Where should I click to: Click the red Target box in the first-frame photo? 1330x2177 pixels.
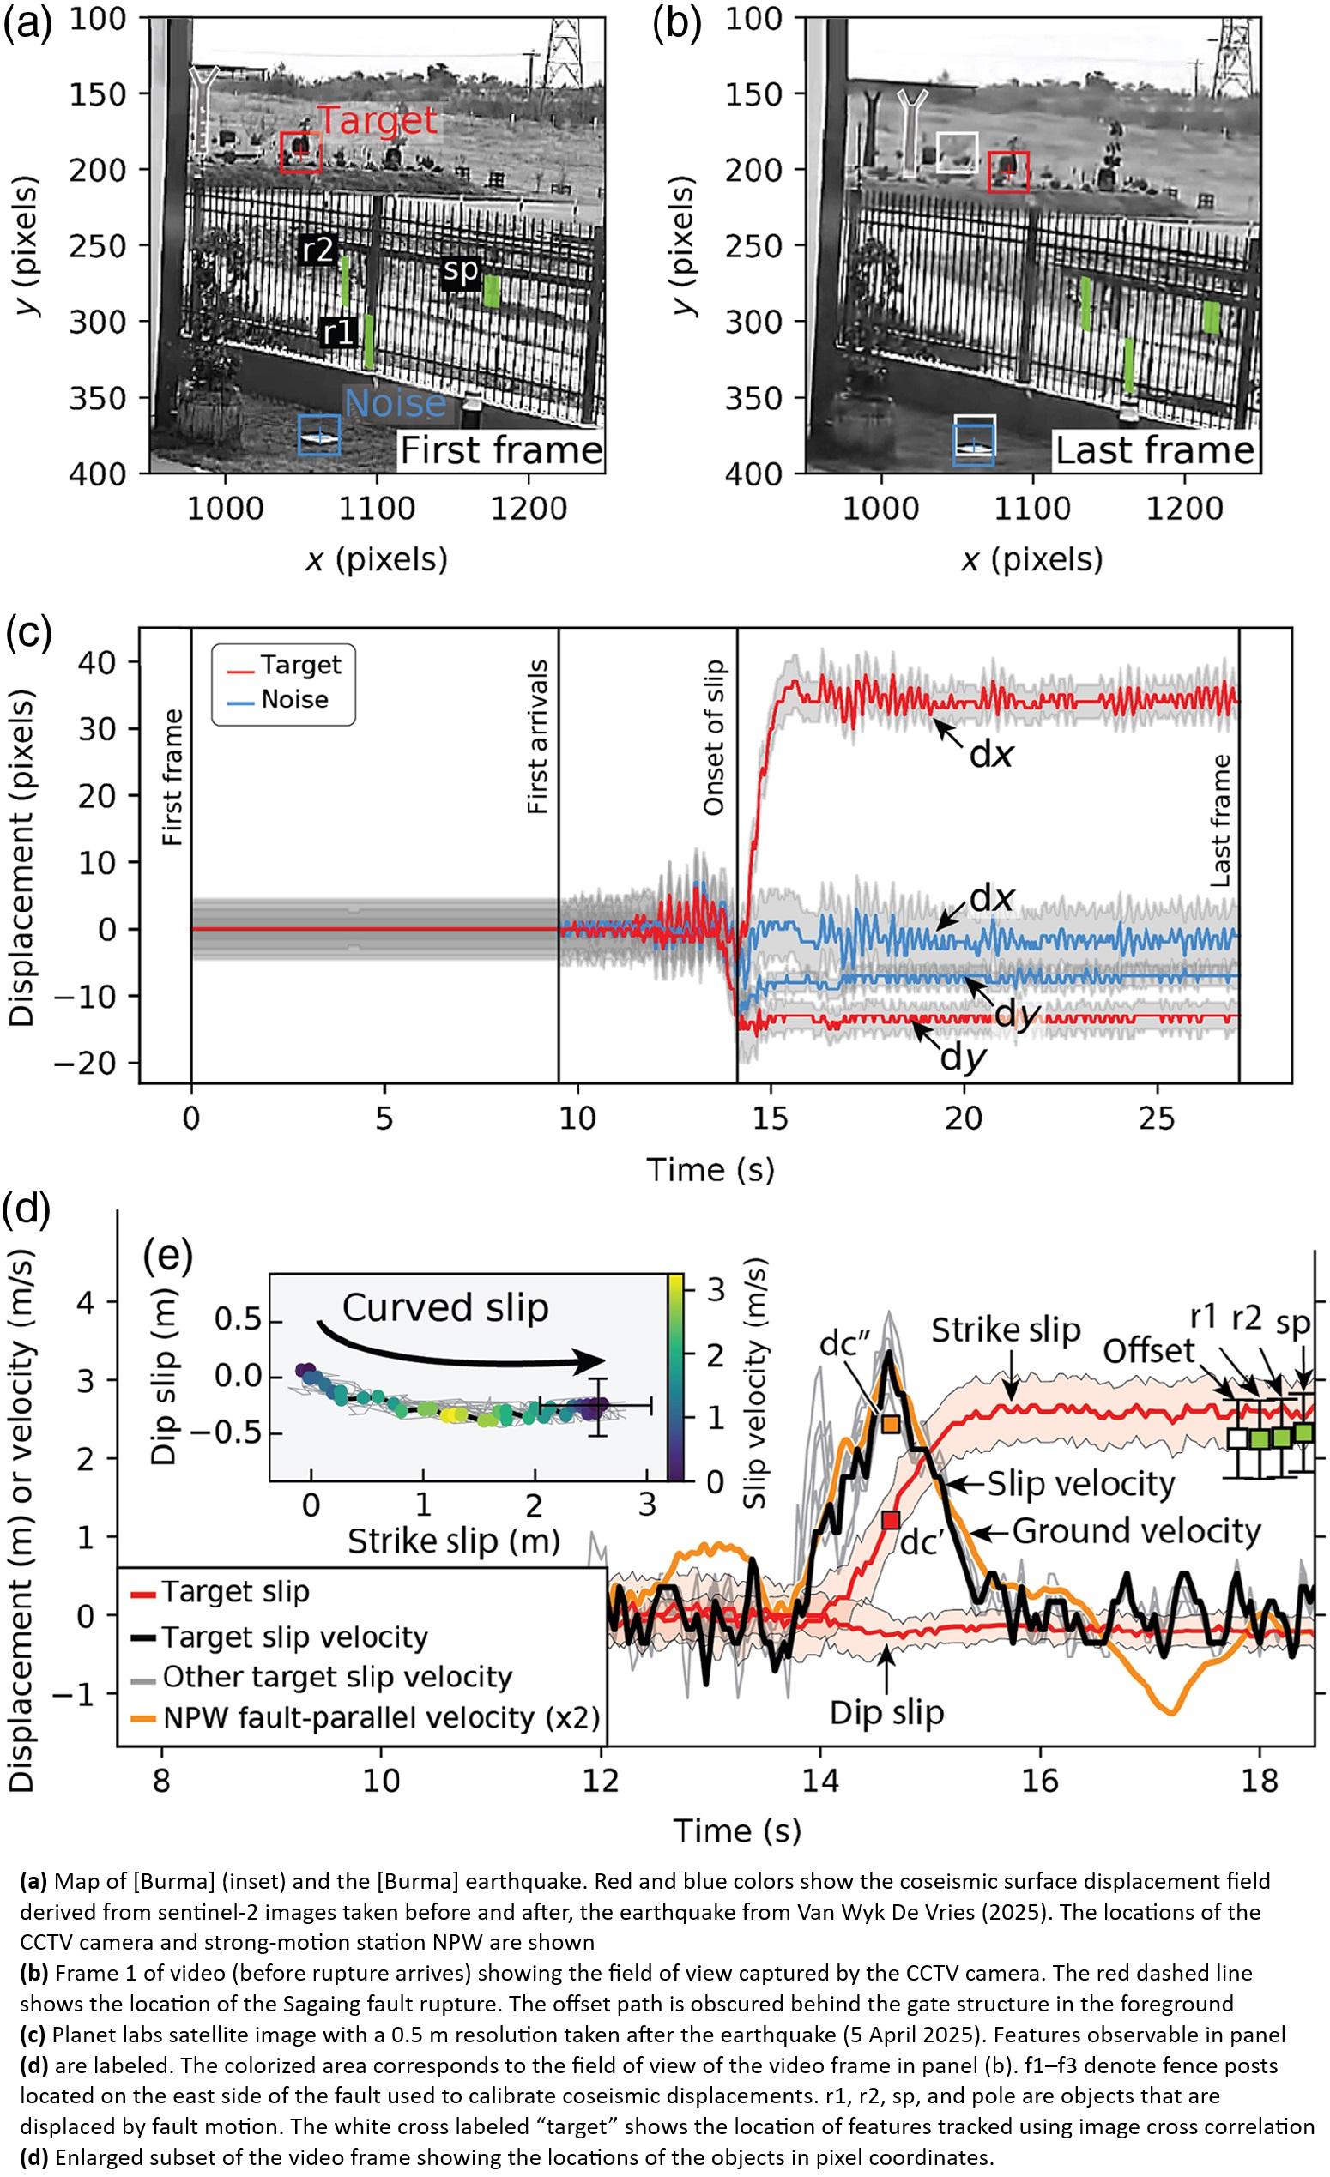[300, 152]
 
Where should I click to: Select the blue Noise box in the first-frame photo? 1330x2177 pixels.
[319, 435]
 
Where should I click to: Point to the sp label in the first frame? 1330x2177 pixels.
[461, 270]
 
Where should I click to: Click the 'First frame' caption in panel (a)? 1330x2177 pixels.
[501, 449]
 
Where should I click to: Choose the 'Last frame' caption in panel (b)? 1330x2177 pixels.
[1155, 449]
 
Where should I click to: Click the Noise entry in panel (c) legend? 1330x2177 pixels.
[293, 700]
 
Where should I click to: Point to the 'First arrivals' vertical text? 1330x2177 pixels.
[537, 737]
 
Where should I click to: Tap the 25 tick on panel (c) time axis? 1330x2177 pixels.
[1157, 1119]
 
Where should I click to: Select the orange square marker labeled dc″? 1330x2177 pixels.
[891, 1423]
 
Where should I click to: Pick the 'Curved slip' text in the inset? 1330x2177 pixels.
[445, 1308]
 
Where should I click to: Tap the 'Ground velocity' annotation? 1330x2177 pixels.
[1136, 1531]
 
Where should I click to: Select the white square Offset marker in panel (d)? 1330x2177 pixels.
[1239, 1438]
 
